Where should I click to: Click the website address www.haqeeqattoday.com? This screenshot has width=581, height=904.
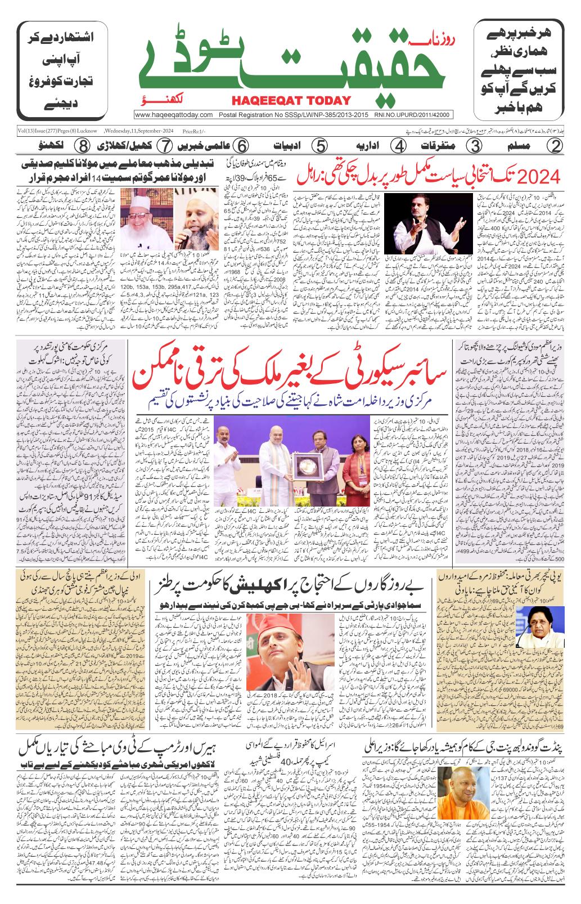coord(173,115)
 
